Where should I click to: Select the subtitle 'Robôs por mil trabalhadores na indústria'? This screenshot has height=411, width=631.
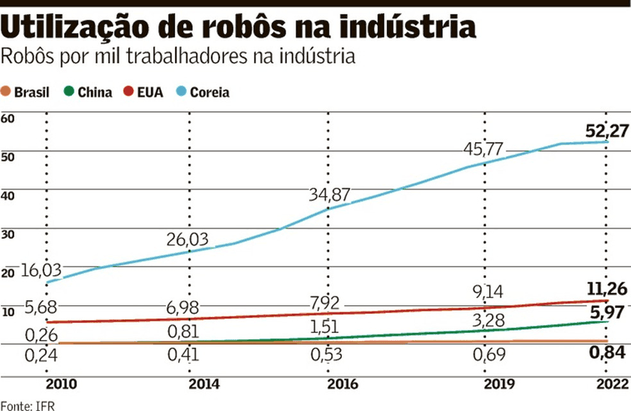179,56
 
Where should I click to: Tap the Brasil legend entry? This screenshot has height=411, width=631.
26,92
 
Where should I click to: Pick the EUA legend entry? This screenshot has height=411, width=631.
143,92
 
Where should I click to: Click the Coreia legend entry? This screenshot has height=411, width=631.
204,92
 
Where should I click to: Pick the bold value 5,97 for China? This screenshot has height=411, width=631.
607,311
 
